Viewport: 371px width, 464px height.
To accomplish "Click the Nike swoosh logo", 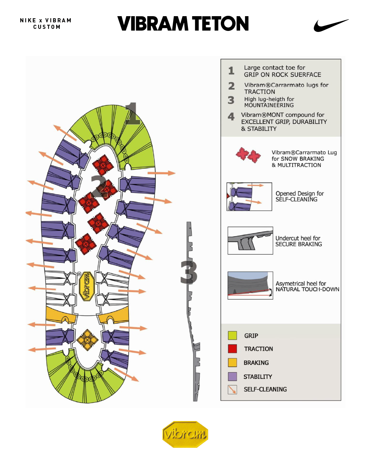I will (330, 26).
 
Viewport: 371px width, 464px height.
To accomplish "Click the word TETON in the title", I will (220, 24).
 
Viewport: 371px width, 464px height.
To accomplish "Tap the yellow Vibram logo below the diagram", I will (185, 434).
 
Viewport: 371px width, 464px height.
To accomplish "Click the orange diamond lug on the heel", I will (87, 340).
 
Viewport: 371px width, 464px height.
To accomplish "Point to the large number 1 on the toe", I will (133, 113).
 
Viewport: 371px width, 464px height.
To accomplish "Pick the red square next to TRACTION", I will (233, 349).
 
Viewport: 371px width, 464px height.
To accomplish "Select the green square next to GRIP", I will (233, 335).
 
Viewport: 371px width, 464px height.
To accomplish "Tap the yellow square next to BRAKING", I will (233, 363).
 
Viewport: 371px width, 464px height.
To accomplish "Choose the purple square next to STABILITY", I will (233, 376).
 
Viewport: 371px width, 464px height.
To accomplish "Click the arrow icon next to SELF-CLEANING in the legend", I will (233, 389).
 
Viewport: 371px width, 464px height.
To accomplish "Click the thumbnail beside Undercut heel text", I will (250, 241).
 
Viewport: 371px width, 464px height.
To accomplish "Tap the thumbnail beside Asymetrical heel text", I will (250, 285).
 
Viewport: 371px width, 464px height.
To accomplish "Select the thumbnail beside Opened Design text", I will (249, 197).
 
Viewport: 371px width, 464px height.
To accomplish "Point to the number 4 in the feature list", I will (231, 117).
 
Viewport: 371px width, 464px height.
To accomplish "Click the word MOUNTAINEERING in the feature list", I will (269, 105).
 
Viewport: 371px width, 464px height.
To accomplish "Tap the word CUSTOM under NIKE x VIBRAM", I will (47, 27).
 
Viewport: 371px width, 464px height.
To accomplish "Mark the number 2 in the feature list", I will (232, 86).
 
